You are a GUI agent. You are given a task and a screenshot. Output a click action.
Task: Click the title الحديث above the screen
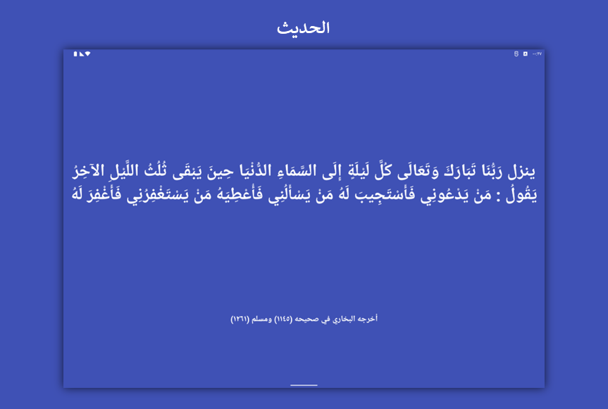[x=303, y=28]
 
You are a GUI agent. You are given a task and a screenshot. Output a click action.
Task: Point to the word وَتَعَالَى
[x=418, y=171]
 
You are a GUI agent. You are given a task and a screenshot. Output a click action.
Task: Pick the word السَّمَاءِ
[x=297, y=171]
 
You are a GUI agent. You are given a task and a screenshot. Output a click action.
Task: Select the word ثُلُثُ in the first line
[x=155, y=171]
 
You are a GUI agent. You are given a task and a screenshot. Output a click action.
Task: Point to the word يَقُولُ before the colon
[x=521, y=195]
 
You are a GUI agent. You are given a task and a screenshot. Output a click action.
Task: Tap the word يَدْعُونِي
[x=446, y=195]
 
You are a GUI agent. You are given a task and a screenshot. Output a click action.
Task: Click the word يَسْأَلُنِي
[x=290, y=195]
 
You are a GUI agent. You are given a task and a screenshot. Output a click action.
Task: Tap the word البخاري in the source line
[x=345, y=319]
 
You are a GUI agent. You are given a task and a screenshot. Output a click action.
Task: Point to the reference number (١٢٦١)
[x=240, y=319]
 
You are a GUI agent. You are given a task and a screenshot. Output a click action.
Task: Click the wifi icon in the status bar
[x=87, y=54]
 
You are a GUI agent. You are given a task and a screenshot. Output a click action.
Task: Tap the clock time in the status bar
[x=537, y=54]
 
